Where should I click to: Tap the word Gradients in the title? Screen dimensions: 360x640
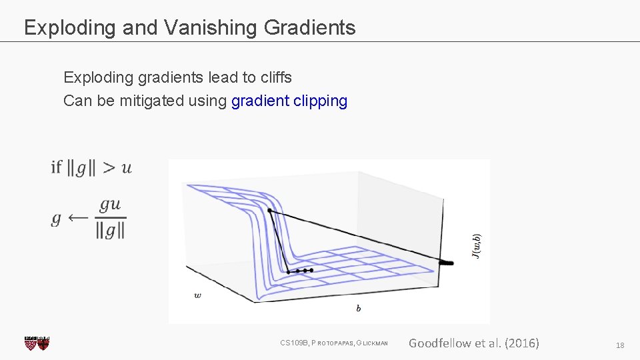click(309, 27)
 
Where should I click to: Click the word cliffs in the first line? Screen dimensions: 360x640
click(276, 77)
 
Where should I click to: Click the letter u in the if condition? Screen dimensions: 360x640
click(127, 167)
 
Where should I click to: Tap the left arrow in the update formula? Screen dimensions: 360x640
click(79, 217)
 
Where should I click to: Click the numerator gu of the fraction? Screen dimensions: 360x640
click(110, 205)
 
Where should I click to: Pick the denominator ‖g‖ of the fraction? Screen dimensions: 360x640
click(110, 230)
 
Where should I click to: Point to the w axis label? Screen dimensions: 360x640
click(197, 295)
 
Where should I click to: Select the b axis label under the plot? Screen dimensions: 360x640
click(359, 308)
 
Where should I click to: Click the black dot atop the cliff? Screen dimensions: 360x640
click(269, 211)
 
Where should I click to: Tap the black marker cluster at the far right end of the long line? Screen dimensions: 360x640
click(446, 263)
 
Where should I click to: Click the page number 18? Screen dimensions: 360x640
click(620, 345)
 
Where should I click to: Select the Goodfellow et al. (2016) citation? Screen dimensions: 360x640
click(473, 343)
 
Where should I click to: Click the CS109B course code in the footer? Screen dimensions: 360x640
click(293, 343)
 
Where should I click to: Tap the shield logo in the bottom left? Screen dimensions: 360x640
click(37, 343)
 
